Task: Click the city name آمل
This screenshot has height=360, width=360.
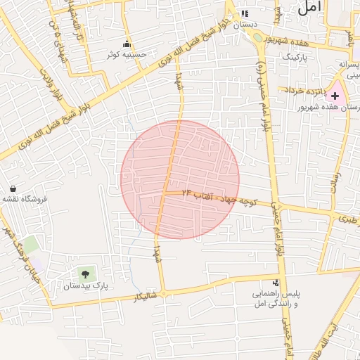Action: pyautogui.click(x=311, y=8)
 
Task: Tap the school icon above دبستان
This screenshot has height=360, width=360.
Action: pyautogui.click(x=245, y=13)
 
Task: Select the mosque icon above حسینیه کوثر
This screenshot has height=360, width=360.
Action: pyautogui.click(x=127, y=43)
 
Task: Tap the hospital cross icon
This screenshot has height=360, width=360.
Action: pyautogui.click(x=335, y=95)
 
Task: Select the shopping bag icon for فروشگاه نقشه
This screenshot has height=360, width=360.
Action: pyautogui.click(x=13, y=188)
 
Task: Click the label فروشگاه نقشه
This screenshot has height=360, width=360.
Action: pyautogui.click(x=24, y=199)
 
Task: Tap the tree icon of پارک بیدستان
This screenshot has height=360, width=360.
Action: pyautogui.click(x=85, y=274)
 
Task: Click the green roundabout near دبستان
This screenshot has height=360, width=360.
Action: pyautogui.click(x=257, y=37)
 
